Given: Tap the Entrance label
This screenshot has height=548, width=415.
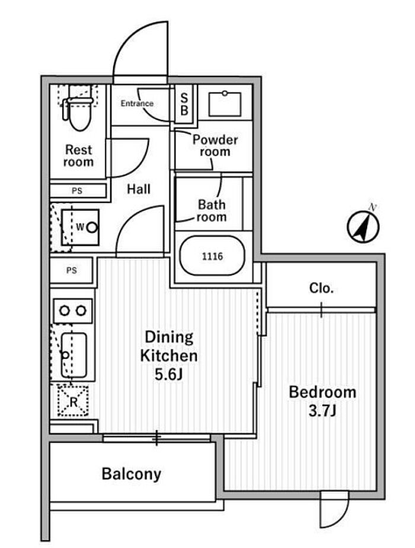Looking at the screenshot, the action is [137, 103].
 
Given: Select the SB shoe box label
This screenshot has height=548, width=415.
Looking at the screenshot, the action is [184, 104].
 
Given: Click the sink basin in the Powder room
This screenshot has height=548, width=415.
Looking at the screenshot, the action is [225, 104].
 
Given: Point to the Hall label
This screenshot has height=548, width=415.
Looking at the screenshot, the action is [139, 189].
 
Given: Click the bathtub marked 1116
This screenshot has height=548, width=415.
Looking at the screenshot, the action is [212, 256].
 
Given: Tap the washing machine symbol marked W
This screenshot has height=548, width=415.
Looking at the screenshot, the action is [80, 227].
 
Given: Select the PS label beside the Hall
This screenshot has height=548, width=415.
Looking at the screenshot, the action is [77, 191].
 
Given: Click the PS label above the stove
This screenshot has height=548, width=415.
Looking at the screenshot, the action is [72, 270].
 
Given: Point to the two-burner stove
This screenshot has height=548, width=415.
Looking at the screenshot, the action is [73, 311].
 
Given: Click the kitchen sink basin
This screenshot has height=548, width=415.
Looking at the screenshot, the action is [74, 355].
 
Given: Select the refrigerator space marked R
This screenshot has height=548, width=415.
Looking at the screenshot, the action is [73, 401].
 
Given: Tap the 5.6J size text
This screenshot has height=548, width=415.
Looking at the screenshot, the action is [169, 375].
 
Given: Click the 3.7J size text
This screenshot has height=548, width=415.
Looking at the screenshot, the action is [322, 411].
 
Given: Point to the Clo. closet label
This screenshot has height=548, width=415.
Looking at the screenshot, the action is [321, 288].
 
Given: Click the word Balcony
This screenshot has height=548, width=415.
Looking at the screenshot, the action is [132, 474].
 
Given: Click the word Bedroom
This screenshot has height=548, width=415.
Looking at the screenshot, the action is [323, 392].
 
